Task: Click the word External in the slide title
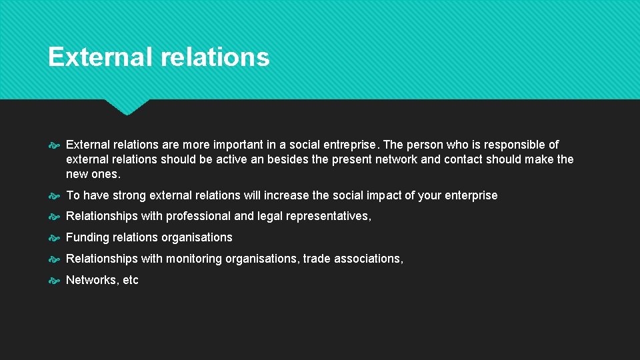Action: pyautogui.click(x=101, y=57)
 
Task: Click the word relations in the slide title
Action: pyautogui.click(x=215, y=57)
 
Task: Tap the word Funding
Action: pyautogui.click(x=89, y=237)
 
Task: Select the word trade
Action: pyautogui.click(x=317, y=259)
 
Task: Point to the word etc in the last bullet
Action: pyautogui.click(x=131, y=280)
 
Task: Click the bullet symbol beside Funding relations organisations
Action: pyautogui.click(x=55, y=237)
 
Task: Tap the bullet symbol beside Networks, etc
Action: pyautogui.click(x=55, y=280)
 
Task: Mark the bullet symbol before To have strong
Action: pyautogui.click(x=55, y=195)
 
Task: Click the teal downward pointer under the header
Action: pyautogui.click(x=127, y=107)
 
